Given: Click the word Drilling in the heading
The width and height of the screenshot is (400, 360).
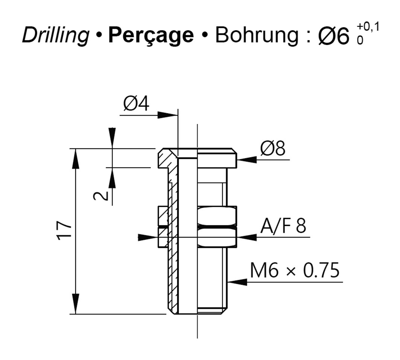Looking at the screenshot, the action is (56, 35).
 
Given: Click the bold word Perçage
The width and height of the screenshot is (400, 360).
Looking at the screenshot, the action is (151, 36).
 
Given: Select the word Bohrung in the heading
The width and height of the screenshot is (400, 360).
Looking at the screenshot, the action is (257, 35).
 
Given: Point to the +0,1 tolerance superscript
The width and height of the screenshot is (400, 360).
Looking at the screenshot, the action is (368, 26).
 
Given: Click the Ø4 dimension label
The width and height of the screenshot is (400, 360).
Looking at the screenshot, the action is (136, 104).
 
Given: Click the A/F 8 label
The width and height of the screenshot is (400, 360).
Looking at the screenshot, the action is (283, 226).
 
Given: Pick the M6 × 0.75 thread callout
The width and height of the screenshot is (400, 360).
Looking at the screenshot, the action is (295, 270).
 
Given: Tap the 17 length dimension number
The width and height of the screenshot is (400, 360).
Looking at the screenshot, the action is (64, 230).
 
